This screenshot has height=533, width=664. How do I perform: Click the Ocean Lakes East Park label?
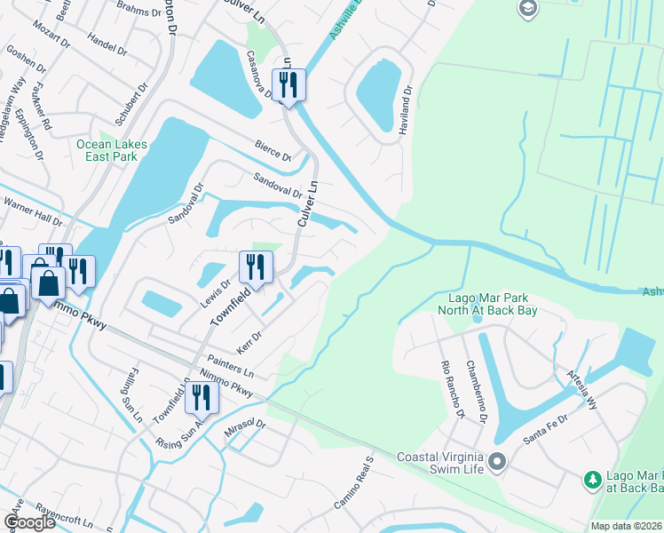(107, 150)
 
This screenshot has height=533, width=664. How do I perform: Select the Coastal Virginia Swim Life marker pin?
(497, 462)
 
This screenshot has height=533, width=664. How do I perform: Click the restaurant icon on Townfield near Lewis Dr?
(254, 266)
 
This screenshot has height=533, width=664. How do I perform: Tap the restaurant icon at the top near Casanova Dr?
(289, 85)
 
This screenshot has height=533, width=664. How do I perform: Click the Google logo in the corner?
(29, 522)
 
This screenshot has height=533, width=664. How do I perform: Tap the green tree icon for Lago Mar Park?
(592, 481)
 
